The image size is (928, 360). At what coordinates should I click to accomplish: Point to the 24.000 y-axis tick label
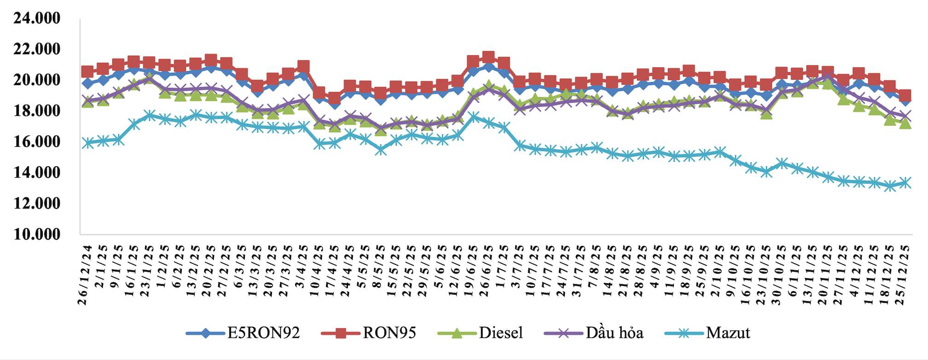[37, 18]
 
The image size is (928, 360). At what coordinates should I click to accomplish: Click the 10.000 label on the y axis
[37, 234]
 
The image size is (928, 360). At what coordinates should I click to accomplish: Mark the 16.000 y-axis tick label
[37, 142]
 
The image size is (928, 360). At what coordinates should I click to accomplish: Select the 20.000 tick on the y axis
[37, 80]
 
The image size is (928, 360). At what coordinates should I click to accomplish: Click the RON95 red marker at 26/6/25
[488, 57]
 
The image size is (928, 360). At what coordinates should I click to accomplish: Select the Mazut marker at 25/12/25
[905, 183]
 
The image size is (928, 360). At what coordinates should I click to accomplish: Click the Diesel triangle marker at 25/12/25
[905, 123]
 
